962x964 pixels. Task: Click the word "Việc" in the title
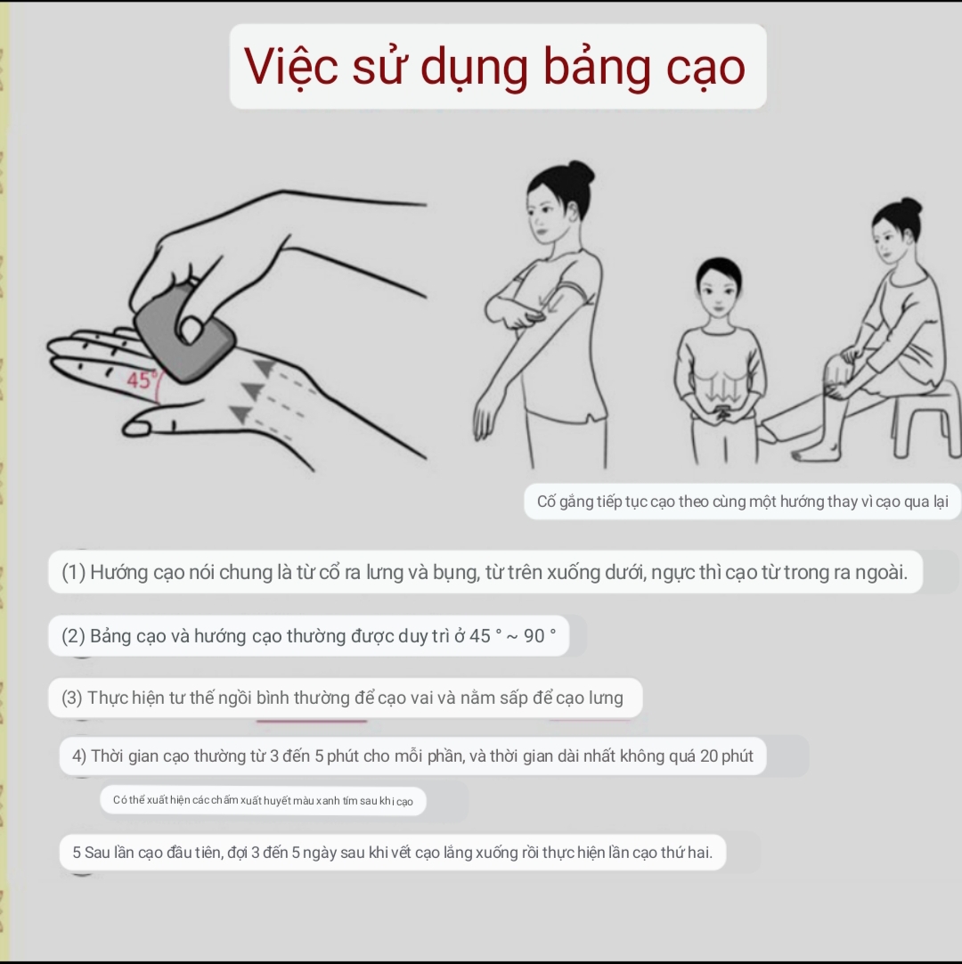coord(290,66)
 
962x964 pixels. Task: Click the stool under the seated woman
coord(925,419)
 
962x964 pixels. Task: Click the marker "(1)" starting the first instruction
coord(73,572)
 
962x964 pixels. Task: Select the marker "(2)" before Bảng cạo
coord(73,636)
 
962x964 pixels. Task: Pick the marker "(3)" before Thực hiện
coord(72,698)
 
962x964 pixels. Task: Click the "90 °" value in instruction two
coord(540,636)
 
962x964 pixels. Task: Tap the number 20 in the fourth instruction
coord(709,756)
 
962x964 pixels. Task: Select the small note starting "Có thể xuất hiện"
coord(263,800)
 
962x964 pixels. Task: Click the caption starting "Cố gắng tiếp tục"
coord(743,502)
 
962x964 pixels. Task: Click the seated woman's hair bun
coord(910,207)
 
